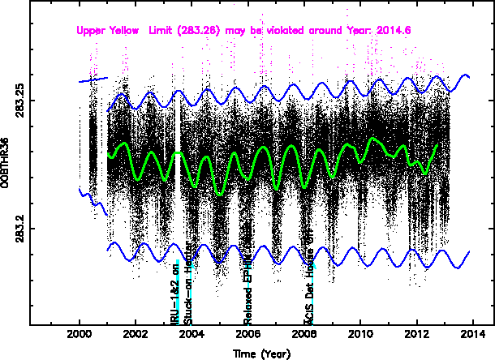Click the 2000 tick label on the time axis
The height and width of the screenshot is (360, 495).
80,335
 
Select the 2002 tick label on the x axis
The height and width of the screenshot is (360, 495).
136,335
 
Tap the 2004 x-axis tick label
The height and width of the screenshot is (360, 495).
192,335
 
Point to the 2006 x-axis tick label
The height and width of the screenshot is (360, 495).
248,335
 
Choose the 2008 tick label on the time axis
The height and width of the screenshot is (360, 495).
304,335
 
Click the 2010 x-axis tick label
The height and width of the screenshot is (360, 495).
360,335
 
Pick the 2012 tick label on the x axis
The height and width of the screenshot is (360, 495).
417,335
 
